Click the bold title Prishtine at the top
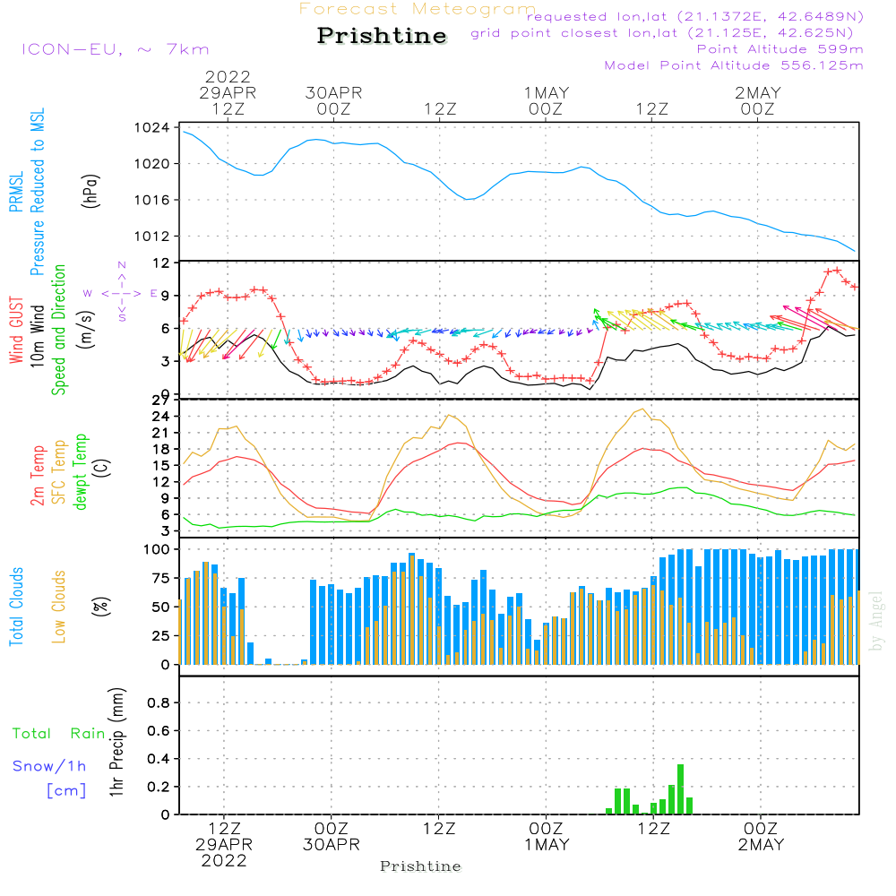pyautogui.click(x=382, y=36)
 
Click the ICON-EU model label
pyautogui.click(x=115, y=49)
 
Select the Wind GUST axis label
pyautogui.click(x=16, y=332)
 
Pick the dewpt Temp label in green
pyautogui.click(x=81, y=472)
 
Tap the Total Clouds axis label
pyautogui.click(x=16, y=607)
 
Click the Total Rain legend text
pyautogui.click(x=59, y=733)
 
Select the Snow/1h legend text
pyautogui.click(x=50, y=766)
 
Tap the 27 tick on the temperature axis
pyautogui.click(x=160, y=400)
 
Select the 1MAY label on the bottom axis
pyautogui.click(x=546, y=845)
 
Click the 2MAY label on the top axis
pyautogui.click(x=758, y=93)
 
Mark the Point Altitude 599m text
pyautogui.click(x=780, y=48)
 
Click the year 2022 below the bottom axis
pyautogui.click(x=224, y=860)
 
